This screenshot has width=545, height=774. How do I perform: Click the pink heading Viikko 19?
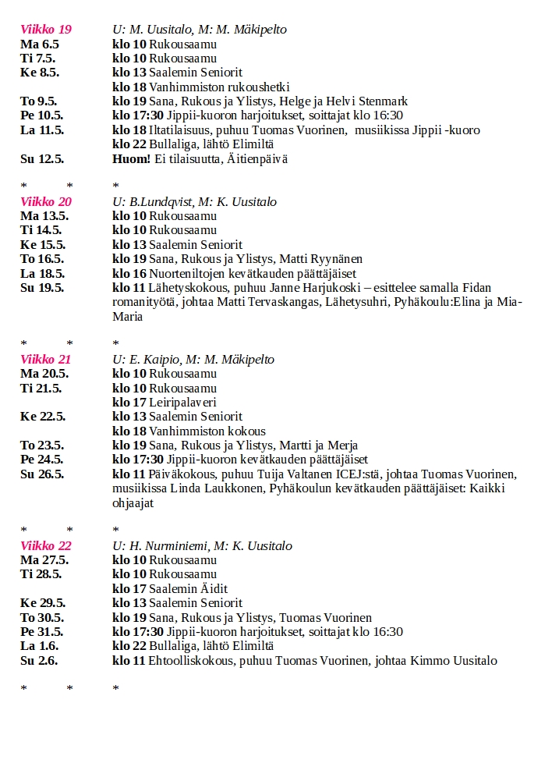pyautogui.click(x=46, y=30)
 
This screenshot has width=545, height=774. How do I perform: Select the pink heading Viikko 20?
pyautogui.click(x=46, y=202)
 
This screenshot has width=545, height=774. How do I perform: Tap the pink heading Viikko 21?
pyautogui.click(x=46, y=360)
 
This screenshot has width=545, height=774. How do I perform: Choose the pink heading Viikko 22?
pyautogui.click(x=46, y=546)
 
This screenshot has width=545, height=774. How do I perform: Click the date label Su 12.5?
pyautogui.click(x=42, y=159)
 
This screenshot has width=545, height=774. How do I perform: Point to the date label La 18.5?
pyautogui.click(x=42, y=274)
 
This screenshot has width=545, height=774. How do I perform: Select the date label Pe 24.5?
pyautogui.click(x=42, y=460)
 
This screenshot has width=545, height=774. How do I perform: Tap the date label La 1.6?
pyautogui.click(x=39, y=646)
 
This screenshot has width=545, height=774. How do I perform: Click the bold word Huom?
pyautogui.click(x=131, y=159)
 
